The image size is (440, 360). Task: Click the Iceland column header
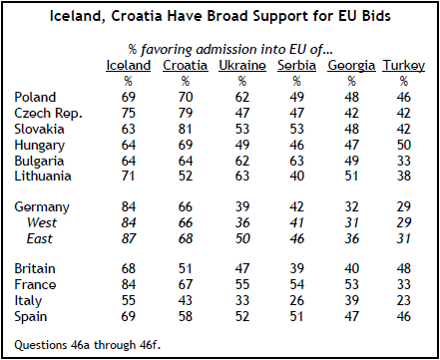tap(128, 66)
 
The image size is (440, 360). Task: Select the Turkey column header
tap(403, 66)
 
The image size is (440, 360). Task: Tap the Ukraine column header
tap(242, 66)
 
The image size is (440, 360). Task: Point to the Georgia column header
tap(351, 66)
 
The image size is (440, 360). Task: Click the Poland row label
tap(35, 97)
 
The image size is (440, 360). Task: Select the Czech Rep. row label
tap(48, 114)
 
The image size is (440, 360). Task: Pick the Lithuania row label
tap(43, 176)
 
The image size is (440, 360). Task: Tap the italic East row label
tap(39, 238)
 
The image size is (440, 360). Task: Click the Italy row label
tap(28, 301)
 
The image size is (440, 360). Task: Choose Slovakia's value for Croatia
tap(186, 129)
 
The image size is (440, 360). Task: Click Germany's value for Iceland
tap(128, 206)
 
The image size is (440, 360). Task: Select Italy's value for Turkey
tap(403, 300)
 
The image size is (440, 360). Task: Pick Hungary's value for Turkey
tap(403, 145)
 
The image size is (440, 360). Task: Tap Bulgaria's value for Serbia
tap(296, 161)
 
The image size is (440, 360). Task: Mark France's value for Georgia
tap(351, 284)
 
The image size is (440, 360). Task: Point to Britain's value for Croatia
tap(186, 268)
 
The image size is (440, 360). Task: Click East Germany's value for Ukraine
tap(242, 238)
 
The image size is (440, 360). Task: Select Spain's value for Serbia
tap(296, 316)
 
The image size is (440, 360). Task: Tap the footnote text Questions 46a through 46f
tap(87, 345)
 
